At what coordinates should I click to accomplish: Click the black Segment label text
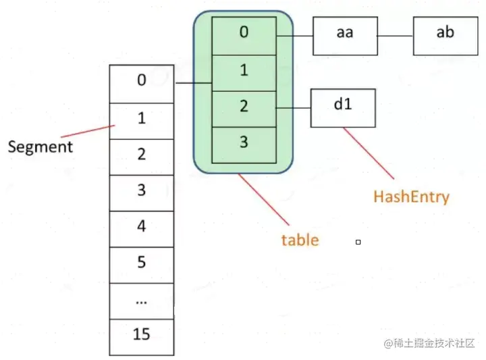(40, 147)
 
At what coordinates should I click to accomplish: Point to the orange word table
(300, 240)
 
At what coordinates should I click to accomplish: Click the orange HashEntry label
(411, 197)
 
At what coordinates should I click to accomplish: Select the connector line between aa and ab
(395, 35)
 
